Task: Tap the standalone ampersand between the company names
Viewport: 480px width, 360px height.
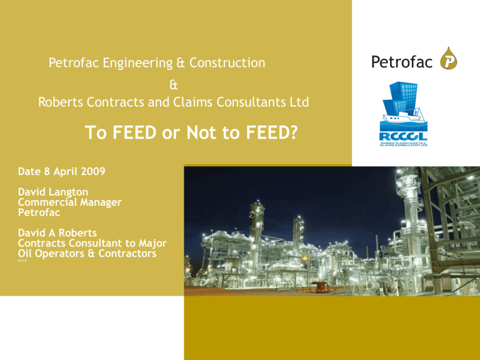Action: pos(173,82)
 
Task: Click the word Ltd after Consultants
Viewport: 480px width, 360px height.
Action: pos(298,101)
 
